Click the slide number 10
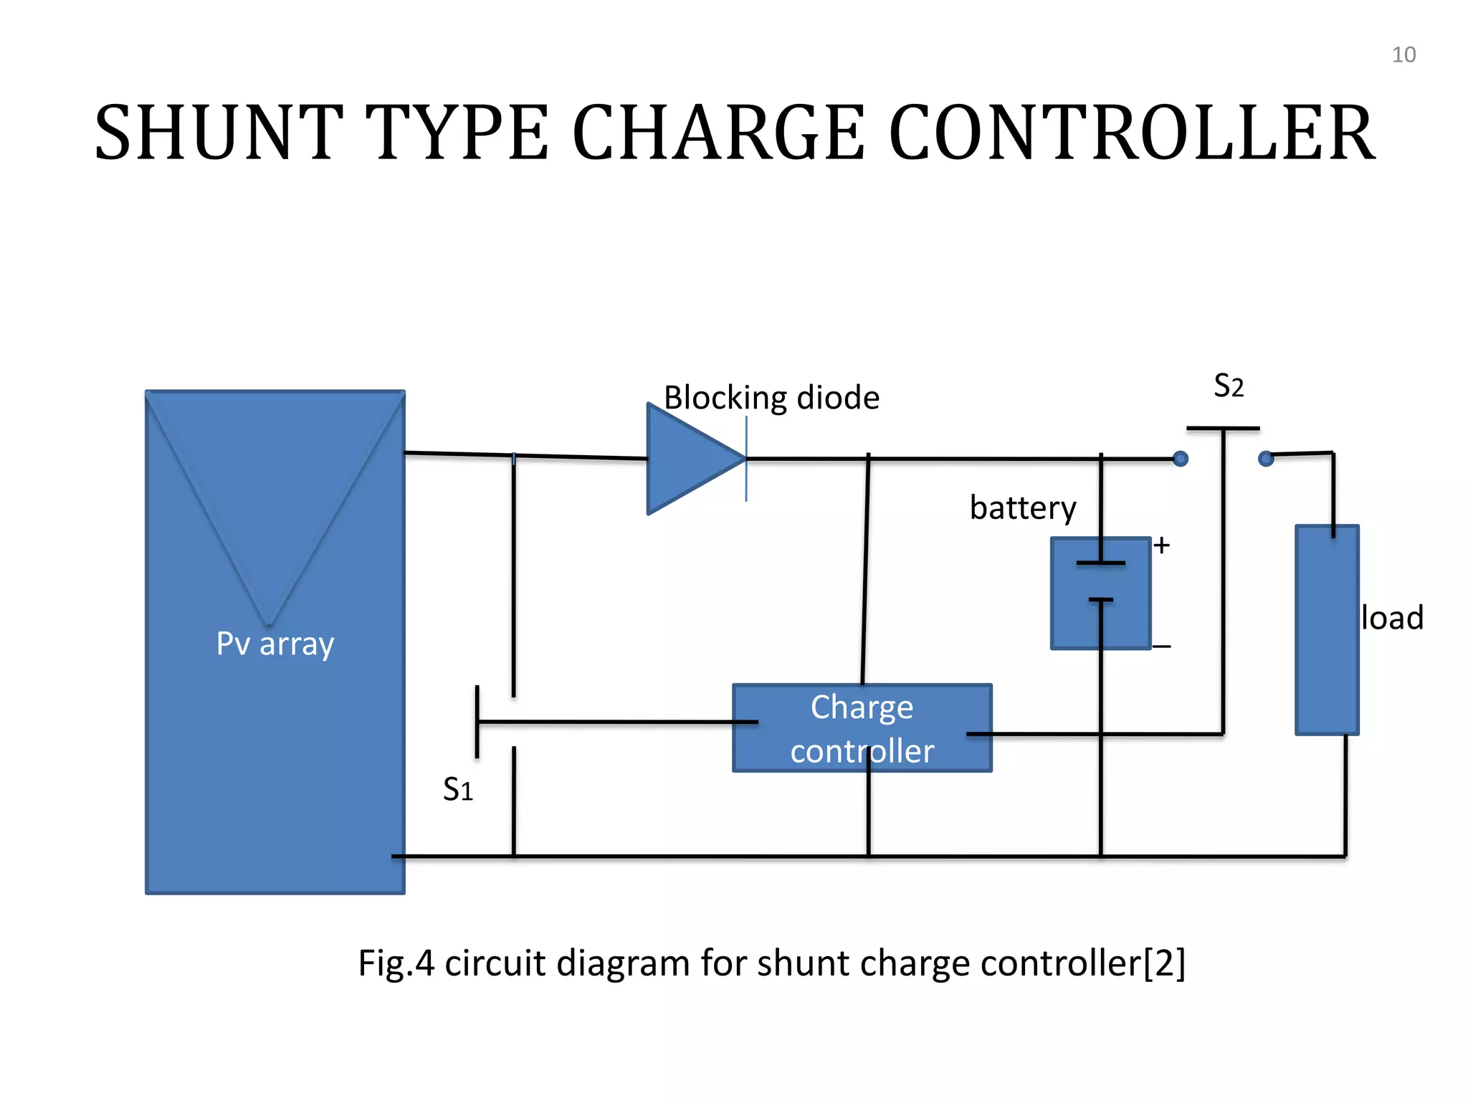[1403, 55]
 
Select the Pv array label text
[275, 644]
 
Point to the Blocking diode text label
[771, 398]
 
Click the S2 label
[1228, 386]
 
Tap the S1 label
[458, 790]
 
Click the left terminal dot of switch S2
[1181, 459]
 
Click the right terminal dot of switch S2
[1266, 458]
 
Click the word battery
[1023, 508]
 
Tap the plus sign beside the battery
[1162, 545]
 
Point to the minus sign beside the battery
[1162, 647]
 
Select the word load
[1392, 618]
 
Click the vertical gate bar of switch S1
[477, 722]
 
